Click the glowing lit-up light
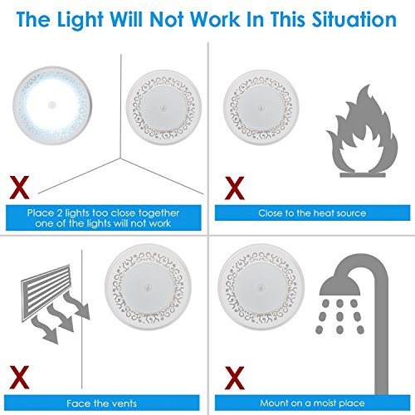click(52, 105)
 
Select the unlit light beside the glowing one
click(164, 107)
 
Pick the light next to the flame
click(261, 107)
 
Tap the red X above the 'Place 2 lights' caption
click(19, 188)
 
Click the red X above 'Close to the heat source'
click(235, 188)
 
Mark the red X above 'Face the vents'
click(19, 378)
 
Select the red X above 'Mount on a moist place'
click(235, 378)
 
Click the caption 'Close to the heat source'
click(312, 213)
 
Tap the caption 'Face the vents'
click(101, 403)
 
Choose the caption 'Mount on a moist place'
click(312, 403)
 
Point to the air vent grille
click(46, 293)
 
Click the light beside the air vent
click(148, 287)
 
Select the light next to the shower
click(261, 287)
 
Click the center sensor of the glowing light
click(52, 105)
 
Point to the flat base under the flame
click(363, 175)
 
